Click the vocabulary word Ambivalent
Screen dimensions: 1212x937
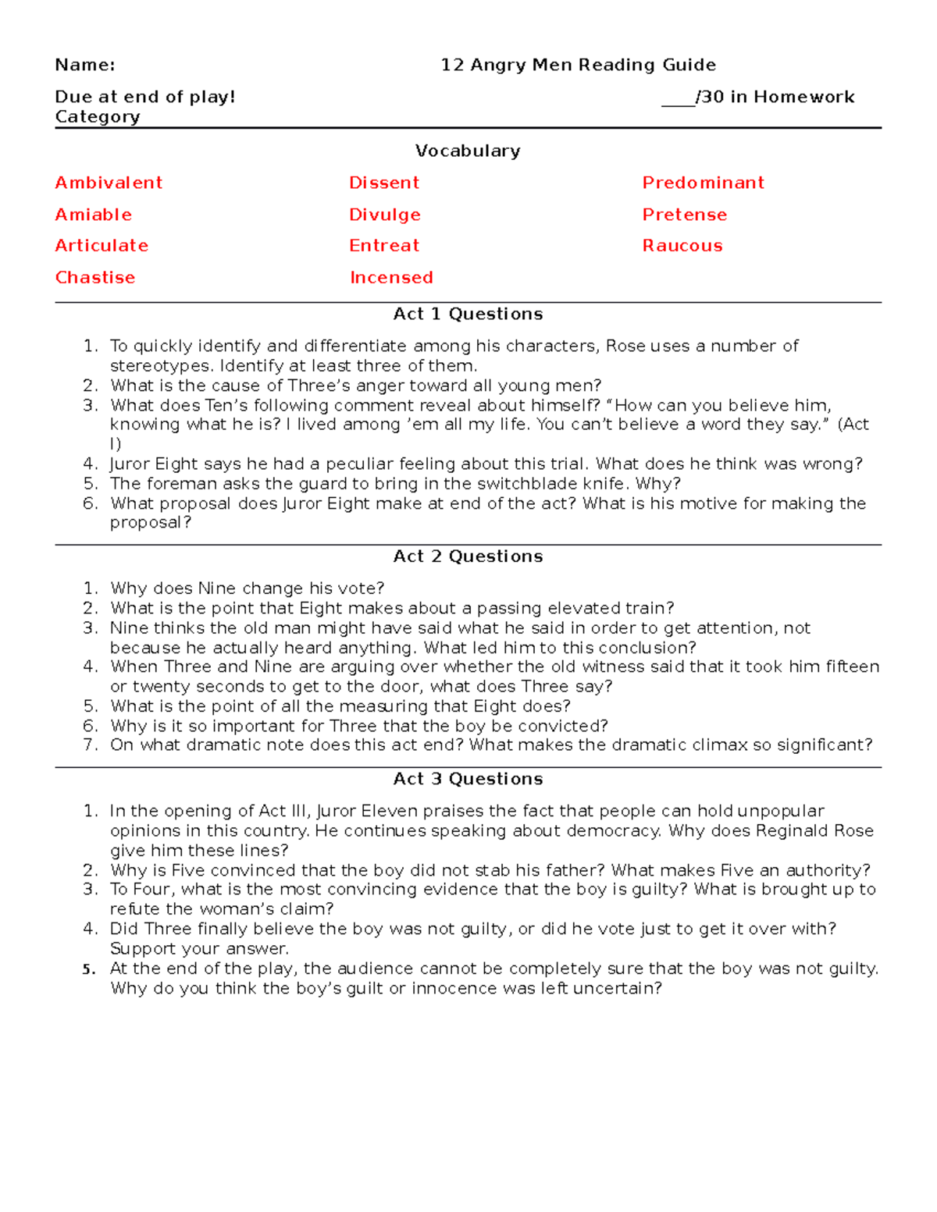coord(109,183)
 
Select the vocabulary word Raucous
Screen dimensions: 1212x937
coord(682,246)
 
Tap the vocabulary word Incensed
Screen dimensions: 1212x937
coord(391,278)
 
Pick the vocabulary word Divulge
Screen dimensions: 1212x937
coord(384,215)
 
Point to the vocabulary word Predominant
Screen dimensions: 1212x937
coord(703,183)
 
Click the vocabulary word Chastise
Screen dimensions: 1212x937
coord(95,278)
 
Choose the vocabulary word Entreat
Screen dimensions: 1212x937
coord(384,246)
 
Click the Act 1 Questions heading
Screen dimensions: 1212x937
coord(468,314)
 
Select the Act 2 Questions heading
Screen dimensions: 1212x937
coord(468,556)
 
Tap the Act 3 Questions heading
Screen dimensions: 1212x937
coord(468,779)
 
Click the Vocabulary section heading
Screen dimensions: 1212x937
coord(468,151)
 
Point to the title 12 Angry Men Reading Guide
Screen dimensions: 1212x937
coord(578,65)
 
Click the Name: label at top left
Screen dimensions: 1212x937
coord(85,65)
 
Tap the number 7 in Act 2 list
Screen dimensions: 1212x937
coord(90,745)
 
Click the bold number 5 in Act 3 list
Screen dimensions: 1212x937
coord(88,969)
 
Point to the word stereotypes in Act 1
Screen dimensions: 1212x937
coord(160,366)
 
